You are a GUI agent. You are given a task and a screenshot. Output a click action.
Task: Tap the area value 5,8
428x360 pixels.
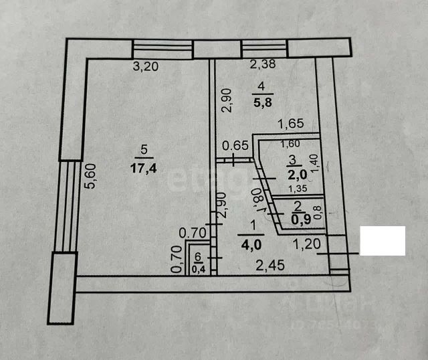[x=261, y=104]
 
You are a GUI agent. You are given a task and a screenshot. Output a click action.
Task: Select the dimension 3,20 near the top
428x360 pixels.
[x=145, y=67]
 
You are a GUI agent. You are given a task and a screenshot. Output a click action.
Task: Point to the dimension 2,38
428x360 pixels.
[x=263, y=65]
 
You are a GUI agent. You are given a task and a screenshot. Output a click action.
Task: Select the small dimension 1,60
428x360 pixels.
[x=290, y=144]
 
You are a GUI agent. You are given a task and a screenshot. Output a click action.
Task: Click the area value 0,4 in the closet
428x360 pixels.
[x=199, y=269]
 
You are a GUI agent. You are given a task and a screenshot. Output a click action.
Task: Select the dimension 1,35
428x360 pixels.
[x=298, y=189]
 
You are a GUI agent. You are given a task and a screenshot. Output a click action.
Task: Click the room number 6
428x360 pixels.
[x=198, y=256]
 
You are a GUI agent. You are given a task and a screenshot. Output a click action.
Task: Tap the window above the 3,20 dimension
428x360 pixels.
[x=163, y=50]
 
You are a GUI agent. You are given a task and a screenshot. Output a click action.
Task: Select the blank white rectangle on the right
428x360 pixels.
[x=383, y=241]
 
